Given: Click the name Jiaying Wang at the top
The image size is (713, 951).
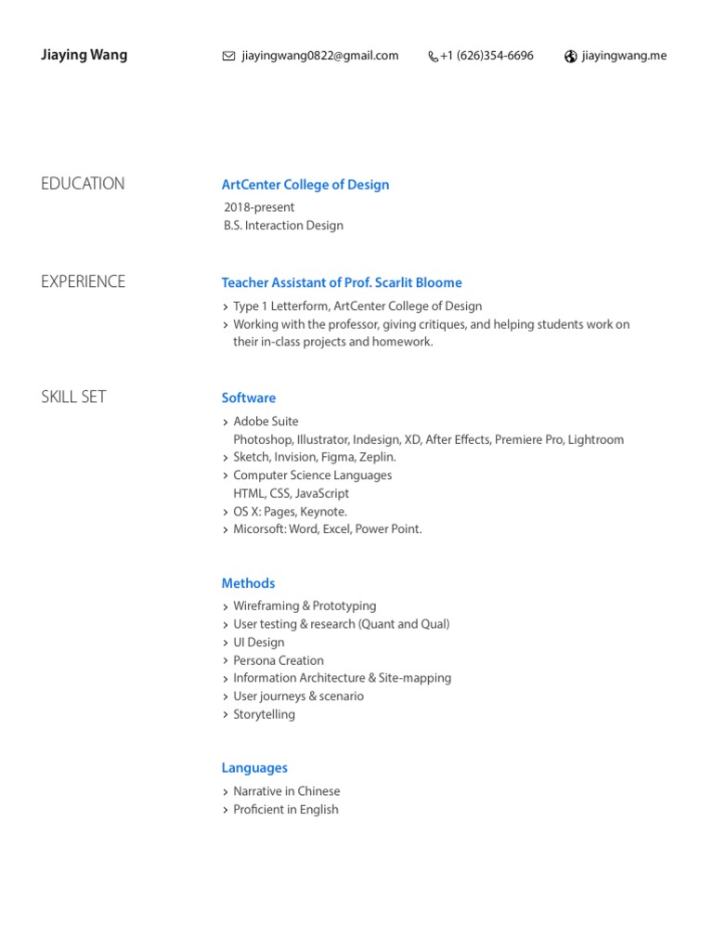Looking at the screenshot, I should (x=84, y=55).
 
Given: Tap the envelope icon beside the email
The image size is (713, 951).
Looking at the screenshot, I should (x=228, y=57).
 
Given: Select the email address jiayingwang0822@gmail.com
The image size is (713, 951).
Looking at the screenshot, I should (x=319, y=56).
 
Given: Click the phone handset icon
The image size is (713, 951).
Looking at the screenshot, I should (x=433, y=57).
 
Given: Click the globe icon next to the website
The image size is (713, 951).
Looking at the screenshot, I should (x=571, y=57).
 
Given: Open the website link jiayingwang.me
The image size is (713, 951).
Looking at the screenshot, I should (x=624, y=56).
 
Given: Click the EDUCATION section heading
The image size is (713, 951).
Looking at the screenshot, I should (x=83, y=184).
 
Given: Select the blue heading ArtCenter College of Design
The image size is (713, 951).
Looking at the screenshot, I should (x=305, y=185).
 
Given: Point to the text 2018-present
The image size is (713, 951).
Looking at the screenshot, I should (x=259, y=207).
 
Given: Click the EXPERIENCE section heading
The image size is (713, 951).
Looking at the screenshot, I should (x=83, y=281).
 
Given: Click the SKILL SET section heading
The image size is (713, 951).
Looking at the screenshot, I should (x=73, y=397).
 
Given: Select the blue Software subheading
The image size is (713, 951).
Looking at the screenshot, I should (x=249, y=397).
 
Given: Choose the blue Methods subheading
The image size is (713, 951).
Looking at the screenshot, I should (x=248, y=583).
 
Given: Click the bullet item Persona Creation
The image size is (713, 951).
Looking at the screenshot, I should (x=279, y=660).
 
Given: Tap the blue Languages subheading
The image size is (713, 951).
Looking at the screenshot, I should (x=254, y=768).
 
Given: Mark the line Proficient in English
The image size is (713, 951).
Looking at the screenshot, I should (x=286, y=809).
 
